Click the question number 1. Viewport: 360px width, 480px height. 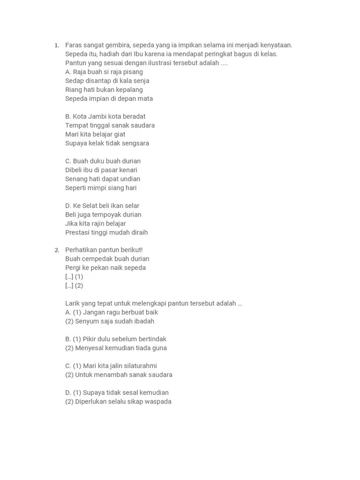point(57,45)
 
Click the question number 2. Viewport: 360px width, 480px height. point(57,250)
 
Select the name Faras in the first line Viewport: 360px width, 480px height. point(74,45)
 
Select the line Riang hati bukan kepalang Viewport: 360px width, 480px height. point(104,90)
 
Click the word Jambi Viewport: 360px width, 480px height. point(97,116)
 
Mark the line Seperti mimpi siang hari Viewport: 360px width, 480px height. point(101,188)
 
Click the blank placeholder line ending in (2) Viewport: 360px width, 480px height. point(74,285)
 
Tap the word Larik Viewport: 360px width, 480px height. point(73,303)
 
